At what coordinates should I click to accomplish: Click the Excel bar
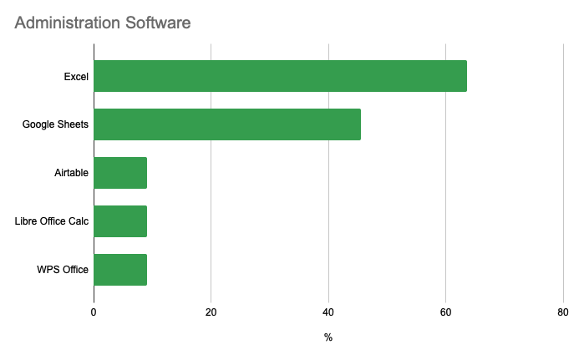[x=280, y=76]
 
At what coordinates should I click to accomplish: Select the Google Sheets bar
[x=227, y=124]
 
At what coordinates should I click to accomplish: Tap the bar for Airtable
[x=120, y=173]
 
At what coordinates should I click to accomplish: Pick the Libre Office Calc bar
[x=120, y=221]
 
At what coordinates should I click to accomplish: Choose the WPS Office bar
[x=120, y=270]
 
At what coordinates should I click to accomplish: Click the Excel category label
[x=76, y=77]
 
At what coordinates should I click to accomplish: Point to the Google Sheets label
[x=55, y=125]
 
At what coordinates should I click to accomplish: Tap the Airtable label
[x=71, y=174]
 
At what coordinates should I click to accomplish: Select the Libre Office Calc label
[x=52, y=222]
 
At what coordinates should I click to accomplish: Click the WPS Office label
[x=63, y=270]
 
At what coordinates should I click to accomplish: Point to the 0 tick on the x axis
[x=94, y=312]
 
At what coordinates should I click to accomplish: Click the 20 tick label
[x=211, y=312]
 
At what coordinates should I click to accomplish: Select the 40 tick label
[x=328, y=312]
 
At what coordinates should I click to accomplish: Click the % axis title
[x=328, y=337]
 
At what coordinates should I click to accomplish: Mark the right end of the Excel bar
[x=466, y=76]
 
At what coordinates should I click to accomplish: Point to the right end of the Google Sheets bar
[x=360, y=124]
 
